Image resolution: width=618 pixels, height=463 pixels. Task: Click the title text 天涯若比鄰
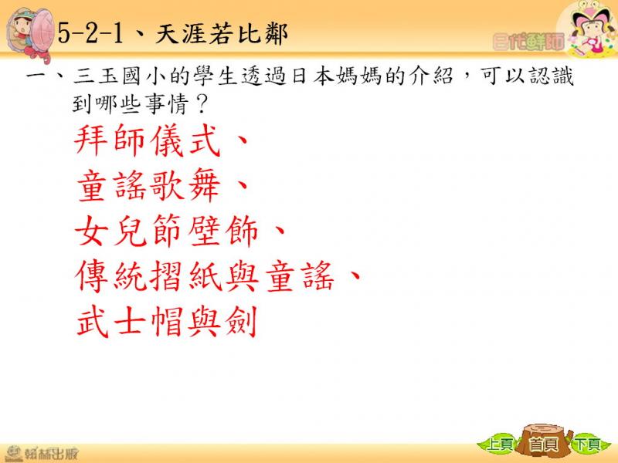(x=222, y=34)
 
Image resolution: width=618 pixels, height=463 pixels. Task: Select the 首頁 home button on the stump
(x=545, y=443)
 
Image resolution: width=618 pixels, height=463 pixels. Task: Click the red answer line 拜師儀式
(x=148, y=141)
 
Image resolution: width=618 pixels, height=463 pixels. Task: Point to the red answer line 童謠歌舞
(x=148, y=186)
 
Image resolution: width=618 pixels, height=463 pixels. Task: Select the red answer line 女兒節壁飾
(x=166, y=231)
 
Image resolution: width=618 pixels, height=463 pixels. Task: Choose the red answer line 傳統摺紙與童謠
(x=204, y=275)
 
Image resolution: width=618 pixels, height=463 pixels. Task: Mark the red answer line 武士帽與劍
(x=166, y=321)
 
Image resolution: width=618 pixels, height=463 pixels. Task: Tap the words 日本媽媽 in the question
(x=337, y=76)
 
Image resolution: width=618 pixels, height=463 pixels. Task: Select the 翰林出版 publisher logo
(x=41, y=453)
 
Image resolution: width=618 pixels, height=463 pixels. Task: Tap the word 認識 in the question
(x=551, y=76)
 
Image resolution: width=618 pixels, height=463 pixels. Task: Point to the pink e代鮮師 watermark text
(x=528, y=42)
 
